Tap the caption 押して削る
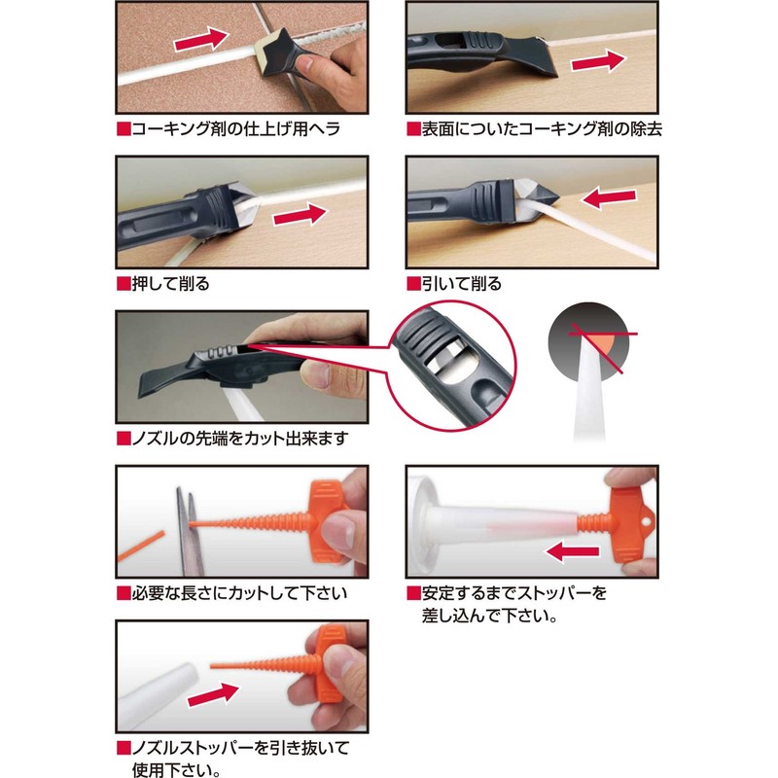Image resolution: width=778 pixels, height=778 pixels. (x=170, y=284)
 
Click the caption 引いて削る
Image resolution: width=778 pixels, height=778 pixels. (x=462, y=284)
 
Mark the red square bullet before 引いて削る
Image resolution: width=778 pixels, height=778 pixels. (x=413, y=284)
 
